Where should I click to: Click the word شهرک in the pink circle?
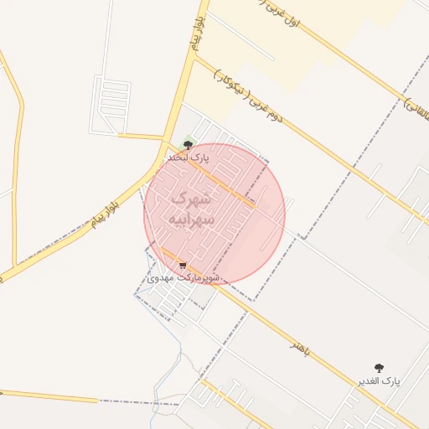pos(192,199)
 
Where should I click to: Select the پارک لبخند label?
pos(187,157)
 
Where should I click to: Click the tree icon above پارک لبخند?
pos(187,145)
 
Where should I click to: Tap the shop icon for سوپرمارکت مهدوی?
pos(183,266)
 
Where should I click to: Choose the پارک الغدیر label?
pos(379,380)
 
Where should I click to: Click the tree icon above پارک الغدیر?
pos(379,368)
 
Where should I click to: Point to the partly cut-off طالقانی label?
pos(416,107)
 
